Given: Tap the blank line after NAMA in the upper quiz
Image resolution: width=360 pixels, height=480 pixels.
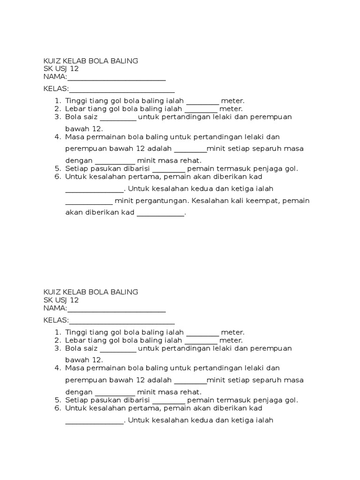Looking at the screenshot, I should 116,78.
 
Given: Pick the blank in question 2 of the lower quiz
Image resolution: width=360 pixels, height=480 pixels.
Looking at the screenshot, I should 201,341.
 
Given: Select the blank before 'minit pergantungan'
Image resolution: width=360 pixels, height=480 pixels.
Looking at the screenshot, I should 89,202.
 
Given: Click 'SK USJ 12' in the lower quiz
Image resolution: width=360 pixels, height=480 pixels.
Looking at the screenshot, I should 61,300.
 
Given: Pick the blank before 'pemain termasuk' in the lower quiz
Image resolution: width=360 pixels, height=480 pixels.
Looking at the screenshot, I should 169,401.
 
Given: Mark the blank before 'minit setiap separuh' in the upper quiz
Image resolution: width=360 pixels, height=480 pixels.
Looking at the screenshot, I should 190,150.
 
